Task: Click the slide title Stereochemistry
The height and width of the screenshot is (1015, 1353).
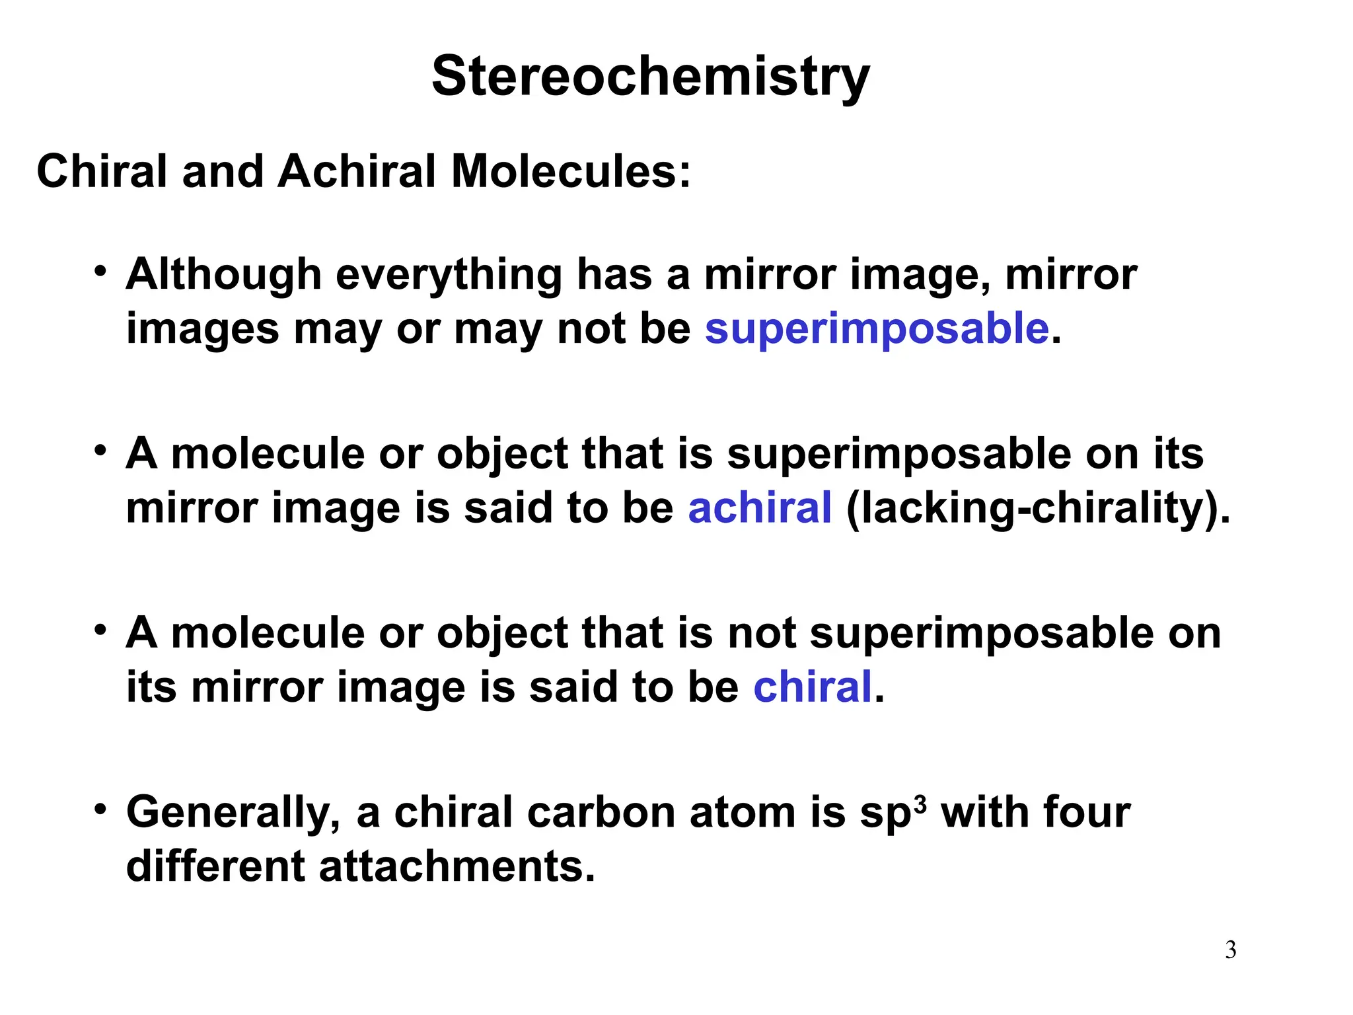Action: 650,77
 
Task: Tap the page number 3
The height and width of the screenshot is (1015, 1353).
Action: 1230,950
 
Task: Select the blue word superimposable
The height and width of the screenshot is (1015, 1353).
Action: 877,329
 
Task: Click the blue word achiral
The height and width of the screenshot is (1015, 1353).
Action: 760,508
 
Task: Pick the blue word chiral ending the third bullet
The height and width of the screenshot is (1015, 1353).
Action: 813,687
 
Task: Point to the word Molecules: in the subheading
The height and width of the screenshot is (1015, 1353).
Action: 571,172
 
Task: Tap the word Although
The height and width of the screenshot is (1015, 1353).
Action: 223,275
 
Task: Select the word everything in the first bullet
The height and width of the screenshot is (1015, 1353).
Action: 449,275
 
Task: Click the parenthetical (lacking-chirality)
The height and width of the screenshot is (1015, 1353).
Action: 1038,509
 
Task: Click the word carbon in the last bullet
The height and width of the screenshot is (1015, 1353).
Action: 601,813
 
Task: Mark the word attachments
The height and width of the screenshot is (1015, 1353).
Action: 457,867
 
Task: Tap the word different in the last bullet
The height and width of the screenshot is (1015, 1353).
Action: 215,867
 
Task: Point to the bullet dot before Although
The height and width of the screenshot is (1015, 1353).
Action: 100,271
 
